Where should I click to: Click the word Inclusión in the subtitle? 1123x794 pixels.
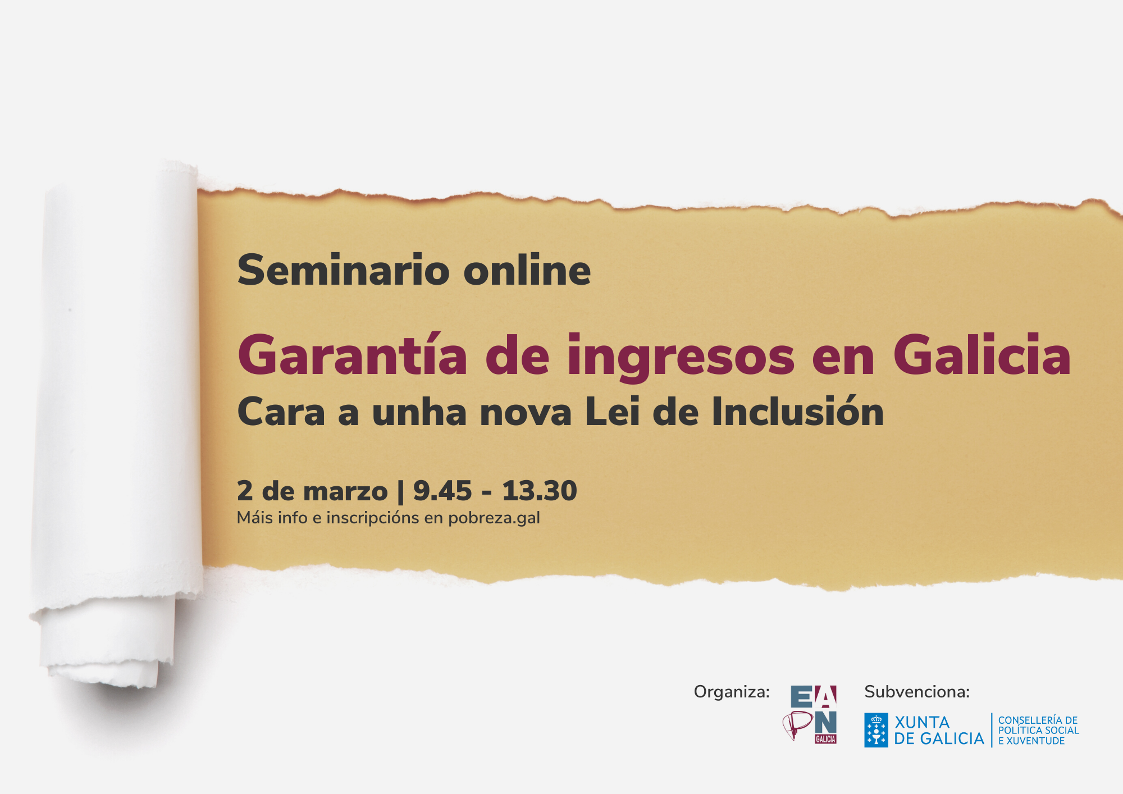(798, 411)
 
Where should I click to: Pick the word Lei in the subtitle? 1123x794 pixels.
(612, 411)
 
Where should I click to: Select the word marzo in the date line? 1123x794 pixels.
(345, 492)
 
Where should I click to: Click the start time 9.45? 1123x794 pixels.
(442, 491)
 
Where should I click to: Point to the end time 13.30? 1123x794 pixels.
(540, 491)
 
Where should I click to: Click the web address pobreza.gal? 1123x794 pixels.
(494, 518)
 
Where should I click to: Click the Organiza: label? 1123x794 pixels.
(732, 692)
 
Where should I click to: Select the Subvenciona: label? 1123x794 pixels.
(917, 692)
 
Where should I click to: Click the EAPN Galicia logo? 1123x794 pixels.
(810, 714)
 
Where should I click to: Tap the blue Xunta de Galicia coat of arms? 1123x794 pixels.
(876, 730)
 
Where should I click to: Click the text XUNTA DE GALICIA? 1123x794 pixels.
(939, 730)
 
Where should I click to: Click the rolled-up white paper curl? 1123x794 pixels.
(118, 421)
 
